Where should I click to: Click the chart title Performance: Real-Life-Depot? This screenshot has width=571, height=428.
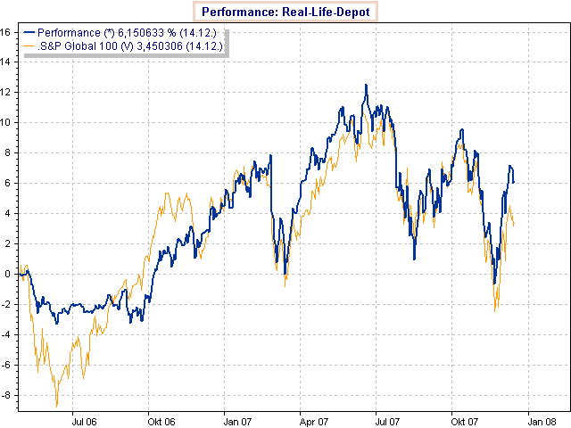click(x=285, y=12)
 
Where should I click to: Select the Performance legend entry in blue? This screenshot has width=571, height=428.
click(x=124, y=32)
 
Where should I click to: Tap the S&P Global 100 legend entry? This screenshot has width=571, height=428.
click(x=125, y=45)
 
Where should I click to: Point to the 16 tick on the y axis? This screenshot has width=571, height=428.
click(x=5, y=31)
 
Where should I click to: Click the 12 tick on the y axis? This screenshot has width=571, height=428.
click(x=5, y=92)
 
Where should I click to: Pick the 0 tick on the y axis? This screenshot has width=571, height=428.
click(x=7, y=274)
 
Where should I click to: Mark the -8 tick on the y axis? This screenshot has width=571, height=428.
click(x=5, y=395)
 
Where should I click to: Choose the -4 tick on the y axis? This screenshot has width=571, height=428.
click(x=5, y=334)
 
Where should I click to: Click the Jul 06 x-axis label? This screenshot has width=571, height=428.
click(x=84, y=419)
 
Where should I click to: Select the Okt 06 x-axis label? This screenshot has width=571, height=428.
click(x=161, y=419)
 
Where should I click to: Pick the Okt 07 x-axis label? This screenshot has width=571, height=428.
click(x=462, y=419)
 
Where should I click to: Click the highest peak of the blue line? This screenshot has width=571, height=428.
click(x=366, y=86)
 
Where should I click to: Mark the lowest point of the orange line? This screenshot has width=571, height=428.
click(x=57, y=406)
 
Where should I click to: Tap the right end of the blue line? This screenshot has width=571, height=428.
click(x=514, y=182)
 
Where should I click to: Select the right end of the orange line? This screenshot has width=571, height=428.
click(x=514, y=224)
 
